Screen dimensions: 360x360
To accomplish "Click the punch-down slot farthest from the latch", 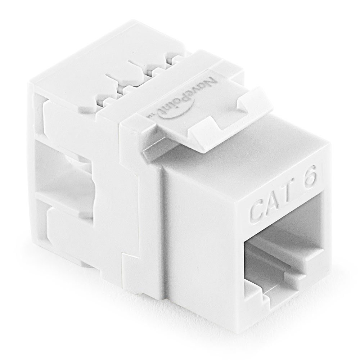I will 108,83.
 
